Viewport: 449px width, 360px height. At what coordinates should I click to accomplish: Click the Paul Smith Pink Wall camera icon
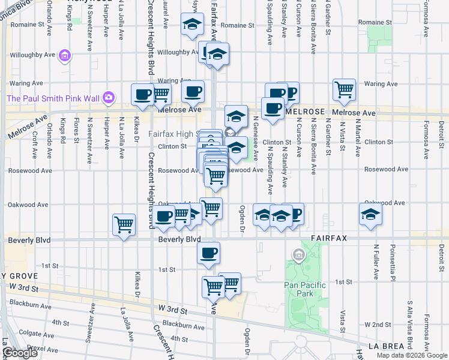point(109,97)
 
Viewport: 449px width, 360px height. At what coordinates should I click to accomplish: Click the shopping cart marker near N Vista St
point(345,90)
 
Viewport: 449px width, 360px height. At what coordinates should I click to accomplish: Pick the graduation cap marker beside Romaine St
point(192,26)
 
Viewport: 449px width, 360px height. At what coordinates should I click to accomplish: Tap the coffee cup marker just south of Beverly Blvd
point(208,253)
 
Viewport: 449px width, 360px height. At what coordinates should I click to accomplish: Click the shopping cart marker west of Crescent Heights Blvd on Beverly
point(124,226)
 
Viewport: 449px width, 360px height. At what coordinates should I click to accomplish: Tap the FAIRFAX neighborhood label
point(328,238)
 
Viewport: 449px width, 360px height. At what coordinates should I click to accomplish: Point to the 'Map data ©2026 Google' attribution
point(412,355)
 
